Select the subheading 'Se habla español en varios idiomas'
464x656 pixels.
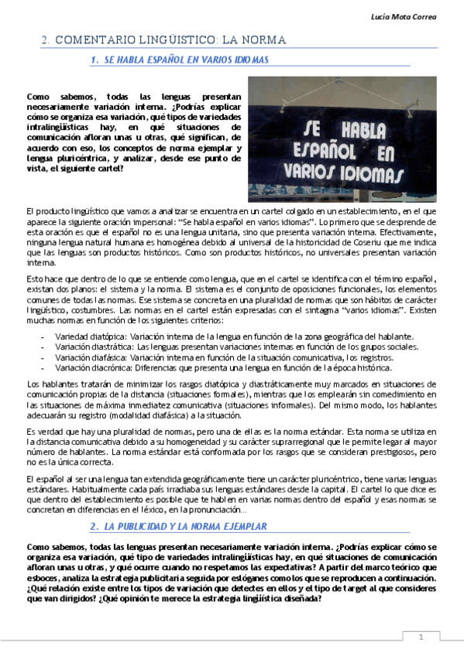186,60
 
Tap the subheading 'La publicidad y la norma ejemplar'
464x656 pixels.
186,526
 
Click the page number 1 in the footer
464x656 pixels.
421,637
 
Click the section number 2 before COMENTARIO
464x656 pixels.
46,39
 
